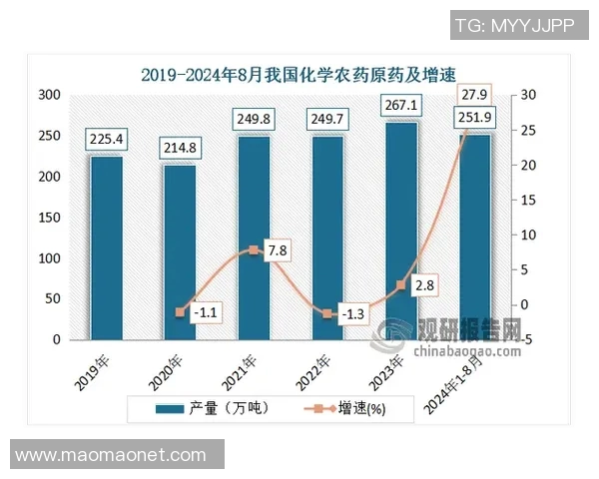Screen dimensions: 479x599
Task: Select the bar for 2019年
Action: (106, 249)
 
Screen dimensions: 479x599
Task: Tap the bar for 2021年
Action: (254, 239)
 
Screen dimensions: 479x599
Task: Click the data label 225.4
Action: (106, 139)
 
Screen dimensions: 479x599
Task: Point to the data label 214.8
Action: (180, 148)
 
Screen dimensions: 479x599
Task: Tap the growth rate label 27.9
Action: (475, 95)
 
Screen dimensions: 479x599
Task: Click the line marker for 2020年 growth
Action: (180, 312)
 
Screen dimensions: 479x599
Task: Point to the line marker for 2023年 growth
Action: (401, 285)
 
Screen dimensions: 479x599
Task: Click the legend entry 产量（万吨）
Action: (212, 409)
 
